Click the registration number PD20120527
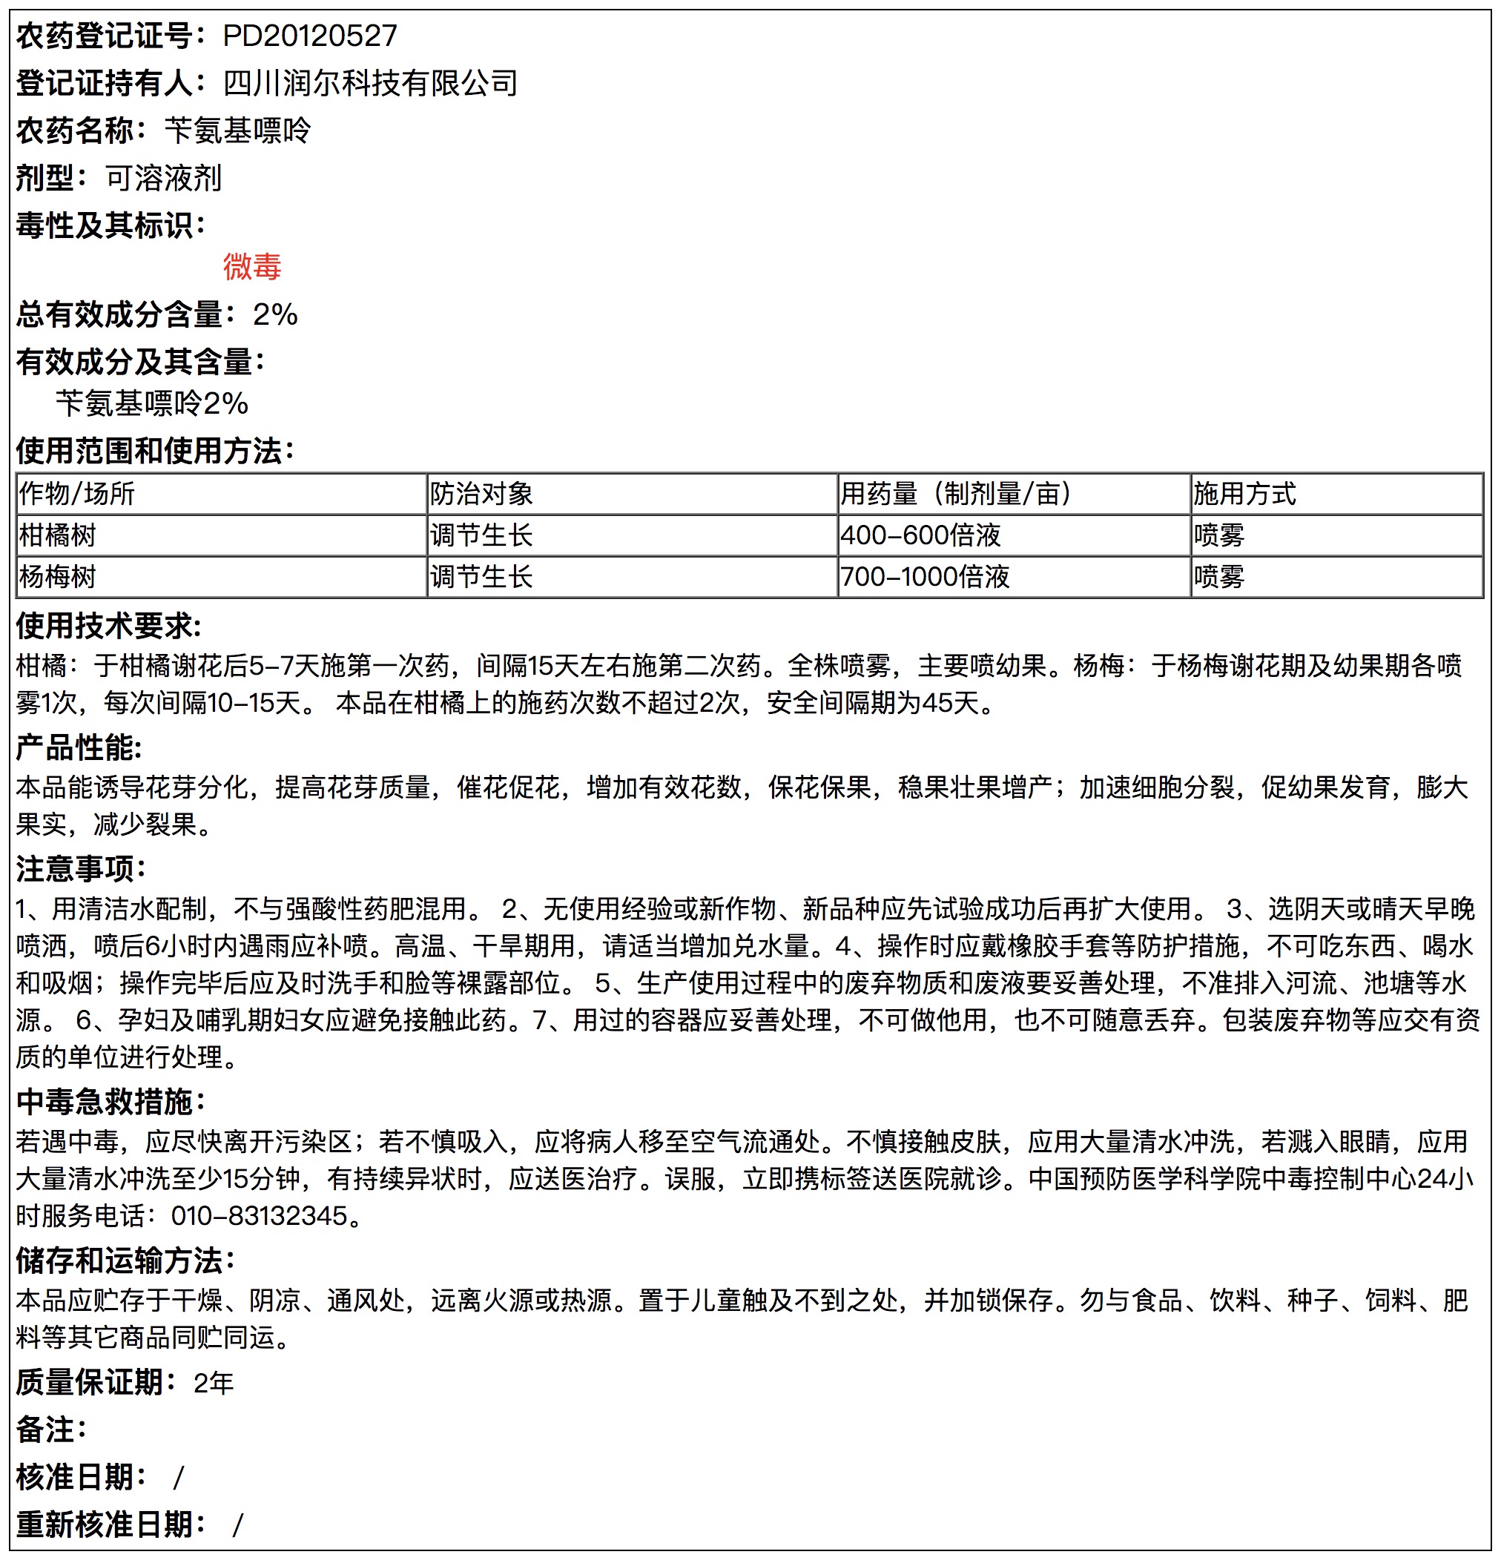click(x=309, y=36)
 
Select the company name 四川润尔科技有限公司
click(x=370, y=83)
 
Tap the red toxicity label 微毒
click(x=252, y=266)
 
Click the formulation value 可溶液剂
click(x=163, y=178)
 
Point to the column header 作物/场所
click(x=76, y=494)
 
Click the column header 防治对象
click(x=481, y=494)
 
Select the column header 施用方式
click(x=1244, y=494)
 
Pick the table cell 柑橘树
click(x=57, y=535)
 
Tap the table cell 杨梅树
click(x=57, y=577)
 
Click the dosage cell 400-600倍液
click(x=920, y=535)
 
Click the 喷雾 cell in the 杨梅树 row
click(x=1218, y=577)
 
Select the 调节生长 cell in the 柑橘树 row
click(x=481, y=535)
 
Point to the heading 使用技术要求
click(x=108, y=626)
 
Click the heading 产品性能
click(x=79, y=748)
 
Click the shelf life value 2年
click(x=213, y=1383)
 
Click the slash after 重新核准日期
click(x=237, y=1524)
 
